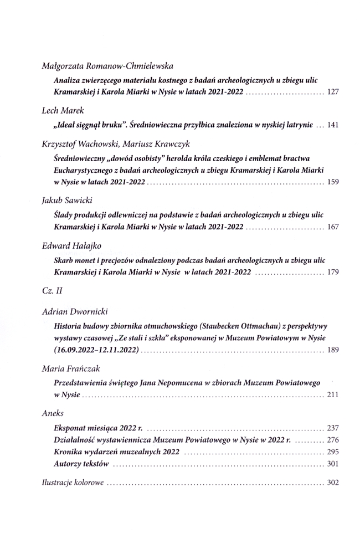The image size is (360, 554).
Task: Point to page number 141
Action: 333,125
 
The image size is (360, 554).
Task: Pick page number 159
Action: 333,182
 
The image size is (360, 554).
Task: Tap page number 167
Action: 333,227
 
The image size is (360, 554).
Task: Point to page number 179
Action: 333,272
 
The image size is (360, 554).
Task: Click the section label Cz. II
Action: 53,290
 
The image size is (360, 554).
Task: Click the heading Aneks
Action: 53,413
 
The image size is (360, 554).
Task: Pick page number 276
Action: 333,440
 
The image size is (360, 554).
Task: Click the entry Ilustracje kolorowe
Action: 73,483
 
